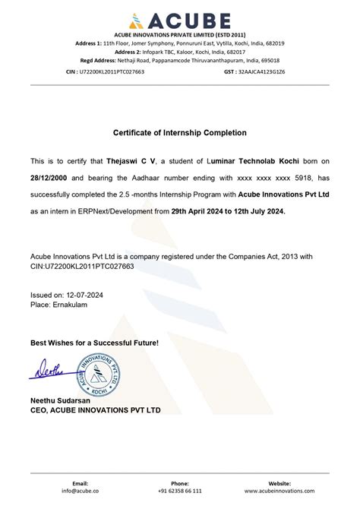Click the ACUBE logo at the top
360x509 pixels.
pos(179,19)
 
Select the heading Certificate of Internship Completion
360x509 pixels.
pos(180,133)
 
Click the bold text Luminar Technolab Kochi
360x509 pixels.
pos(248,162)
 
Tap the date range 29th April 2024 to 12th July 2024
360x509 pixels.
pos(229,212)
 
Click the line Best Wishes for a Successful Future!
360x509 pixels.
pos(95,343)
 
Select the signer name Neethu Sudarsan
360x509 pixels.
pos(61,400)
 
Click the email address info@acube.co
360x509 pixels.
pos(80,491)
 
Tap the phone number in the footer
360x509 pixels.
pos(179,491)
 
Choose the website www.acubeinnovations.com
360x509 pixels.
pos(279,491)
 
